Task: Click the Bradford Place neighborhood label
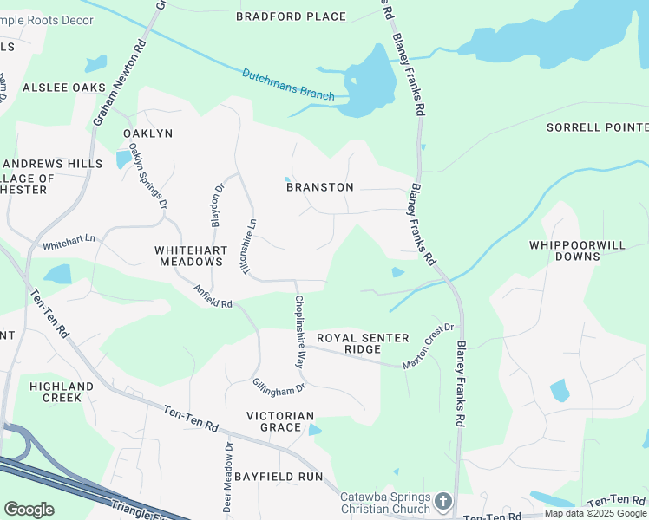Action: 291,16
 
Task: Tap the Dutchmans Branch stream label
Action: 287,85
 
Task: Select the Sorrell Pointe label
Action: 597,127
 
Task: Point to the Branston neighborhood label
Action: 320,187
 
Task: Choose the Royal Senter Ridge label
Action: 361,343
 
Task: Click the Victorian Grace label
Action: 279,422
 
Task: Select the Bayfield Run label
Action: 284,477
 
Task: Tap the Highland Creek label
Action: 61,392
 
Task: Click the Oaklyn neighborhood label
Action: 148,133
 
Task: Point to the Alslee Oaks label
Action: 64,88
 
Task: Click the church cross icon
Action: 443,502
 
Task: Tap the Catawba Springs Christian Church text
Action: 384,503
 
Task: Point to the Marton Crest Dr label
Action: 428,344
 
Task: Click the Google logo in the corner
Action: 29,509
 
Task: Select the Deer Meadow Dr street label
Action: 228,478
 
